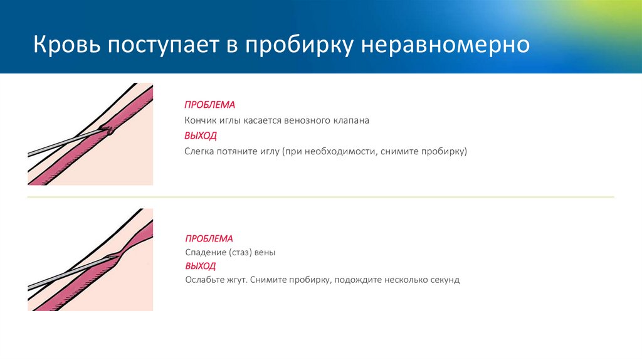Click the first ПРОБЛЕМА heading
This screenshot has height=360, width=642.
click(209, 105)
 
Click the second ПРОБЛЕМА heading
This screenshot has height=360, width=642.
click(209, 239)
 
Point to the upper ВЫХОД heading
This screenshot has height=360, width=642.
click(201, 135)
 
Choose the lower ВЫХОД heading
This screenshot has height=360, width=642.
click(201, 266)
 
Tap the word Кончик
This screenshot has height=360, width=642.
click(200, 120)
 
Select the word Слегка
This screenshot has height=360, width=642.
click(199, 152)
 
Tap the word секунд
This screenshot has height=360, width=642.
click(443, 280)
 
